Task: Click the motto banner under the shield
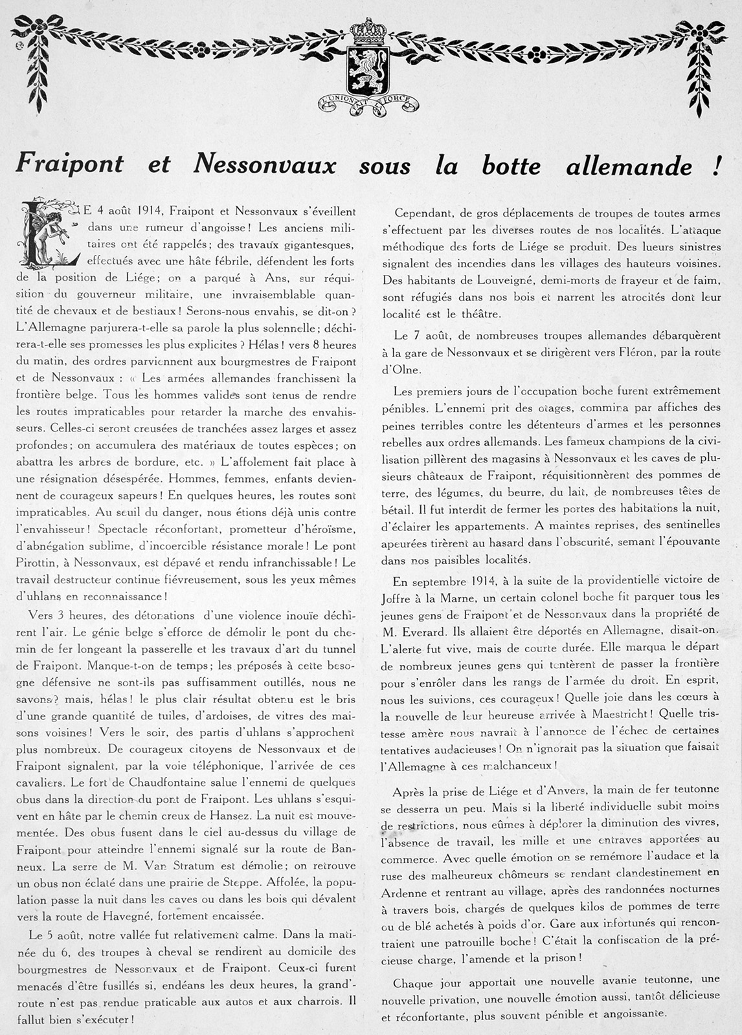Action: pos(368,102)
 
